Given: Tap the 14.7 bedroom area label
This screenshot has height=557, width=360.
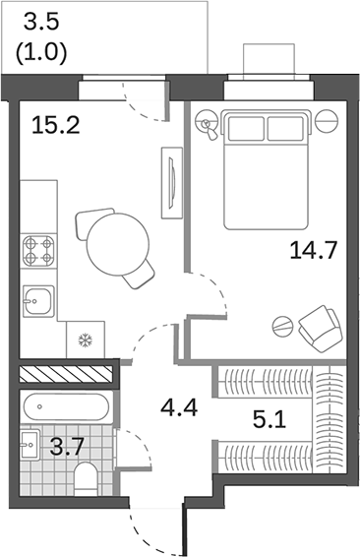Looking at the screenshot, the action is [315, 250].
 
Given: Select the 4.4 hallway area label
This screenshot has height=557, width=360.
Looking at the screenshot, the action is [179, 405].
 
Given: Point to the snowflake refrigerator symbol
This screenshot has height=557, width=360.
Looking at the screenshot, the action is [85, 340].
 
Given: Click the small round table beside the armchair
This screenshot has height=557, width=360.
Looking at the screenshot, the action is [282, 327].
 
